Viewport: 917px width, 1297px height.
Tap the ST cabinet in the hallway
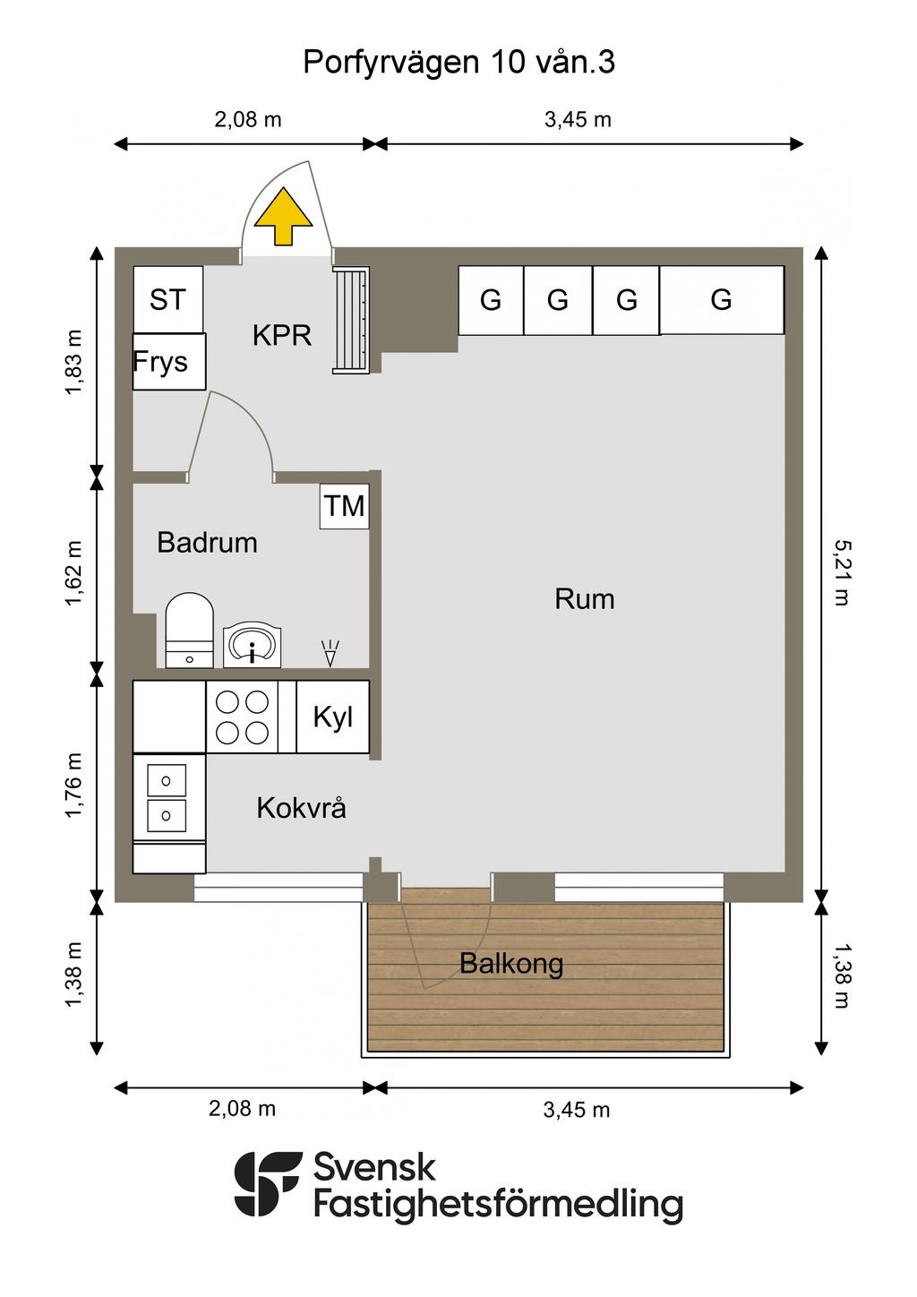tap(168, 299)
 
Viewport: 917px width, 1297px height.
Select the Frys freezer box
tap(169, 361)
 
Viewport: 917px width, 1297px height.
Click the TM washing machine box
tap(345, 507)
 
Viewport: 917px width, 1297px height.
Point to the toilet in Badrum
tap(189, 630)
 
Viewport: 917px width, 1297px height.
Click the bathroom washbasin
tap(253, 644)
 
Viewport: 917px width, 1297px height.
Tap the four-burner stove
tap(242, 717)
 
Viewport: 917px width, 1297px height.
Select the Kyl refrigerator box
tap(333, 717)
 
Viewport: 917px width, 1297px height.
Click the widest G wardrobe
tap(722, 300)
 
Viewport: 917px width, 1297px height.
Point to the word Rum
tap(584, 598)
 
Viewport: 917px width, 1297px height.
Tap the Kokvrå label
tap(302, 808)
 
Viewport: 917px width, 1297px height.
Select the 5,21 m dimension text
tap(842, 573)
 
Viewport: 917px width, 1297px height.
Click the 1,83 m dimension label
tap(73, 363)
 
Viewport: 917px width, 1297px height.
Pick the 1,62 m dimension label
tap(73, 573)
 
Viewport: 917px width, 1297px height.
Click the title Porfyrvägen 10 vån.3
tap(458, 62)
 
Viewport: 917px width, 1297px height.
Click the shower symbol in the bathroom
tap(330, 653)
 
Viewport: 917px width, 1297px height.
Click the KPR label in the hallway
tap(282, 335)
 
